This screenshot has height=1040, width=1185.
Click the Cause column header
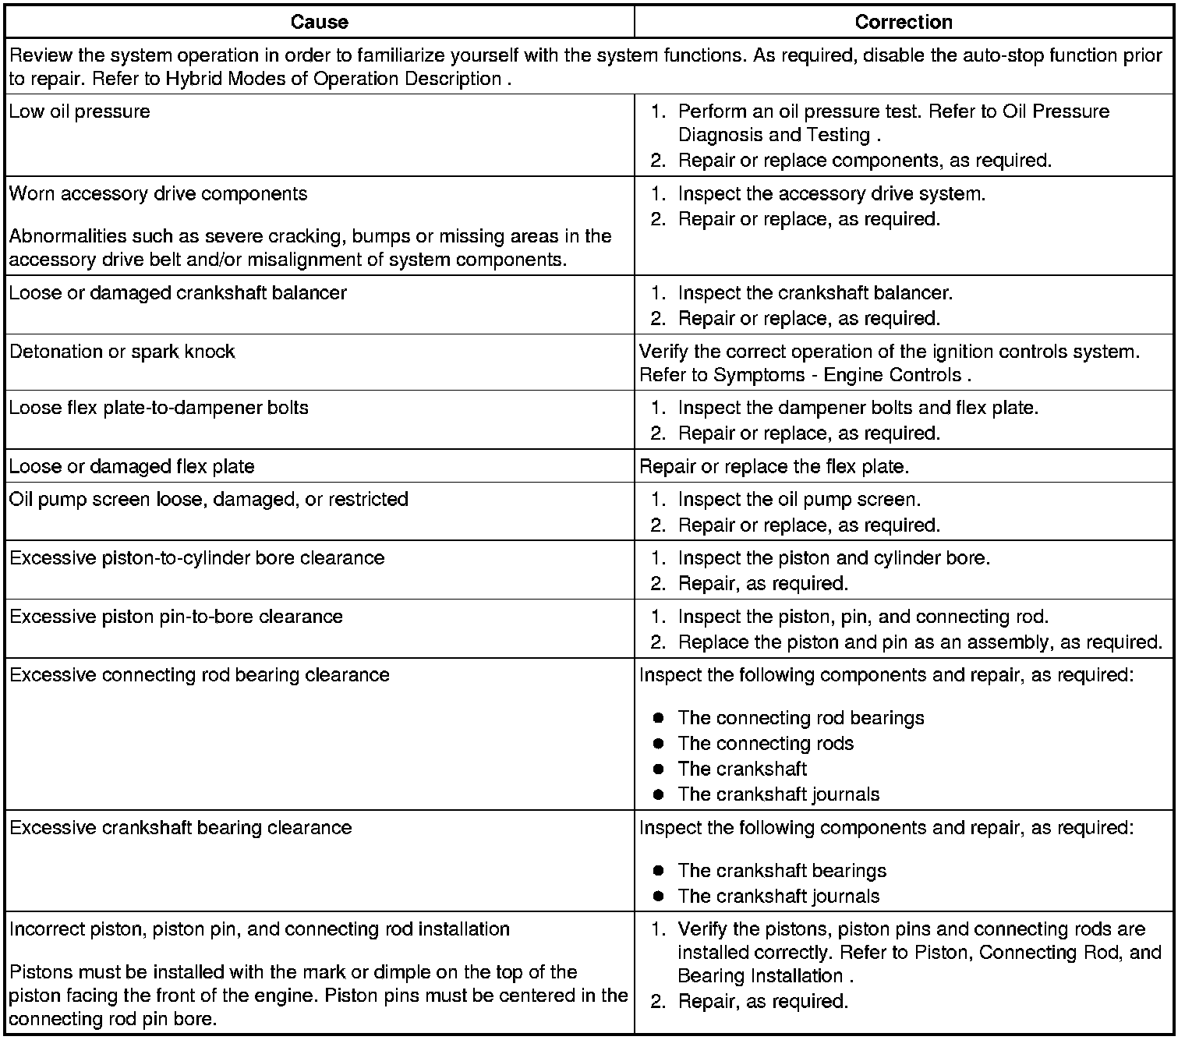coord(319,22)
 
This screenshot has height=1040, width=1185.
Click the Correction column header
coord(904,22)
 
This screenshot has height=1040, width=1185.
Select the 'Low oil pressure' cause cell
coord(80,111)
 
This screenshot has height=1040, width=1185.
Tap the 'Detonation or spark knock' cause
coord(122,352)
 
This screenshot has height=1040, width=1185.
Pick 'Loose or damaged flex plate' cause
coord(132,467)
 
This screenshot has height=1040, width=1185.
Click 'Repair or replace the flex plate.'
coord(774,467)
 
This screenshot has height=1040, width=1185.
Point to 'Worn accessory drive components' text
coord(158,194)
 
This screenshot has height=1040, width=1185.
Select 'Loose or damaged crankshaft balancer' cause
coord(178,293)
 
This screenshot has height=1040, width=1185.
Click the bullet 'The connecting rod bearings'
coord(801,718)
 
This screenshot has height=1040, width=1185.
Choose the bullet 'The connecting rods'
coord(766,744)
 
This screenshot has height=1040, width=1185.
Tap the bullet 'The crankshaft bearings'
coord(782,871)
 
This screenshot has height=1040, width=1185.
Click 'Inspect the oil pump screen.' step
coord(799,500)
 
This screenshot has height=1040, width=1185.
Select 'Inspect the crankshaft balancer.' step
coord(815,293)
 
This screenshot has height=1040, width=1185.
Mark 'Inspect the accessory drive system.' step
coord(831,194)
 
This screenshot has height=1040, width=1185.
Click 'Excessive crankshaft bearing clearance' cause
coord(180,828)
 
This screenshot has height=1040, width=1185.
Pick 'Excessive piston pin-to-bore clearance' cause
coord(176,617)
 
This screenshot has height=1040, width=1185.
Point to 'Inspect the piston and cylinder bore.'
coord(833,558)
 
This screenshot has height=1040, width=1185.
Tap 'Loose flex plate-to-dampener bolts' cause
coord(159,408)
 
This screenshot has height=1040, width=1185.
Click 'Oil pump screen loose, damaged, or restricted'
coord(209,500)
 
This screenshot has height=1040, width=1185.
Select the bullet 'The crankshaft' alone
coord(742,769)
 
